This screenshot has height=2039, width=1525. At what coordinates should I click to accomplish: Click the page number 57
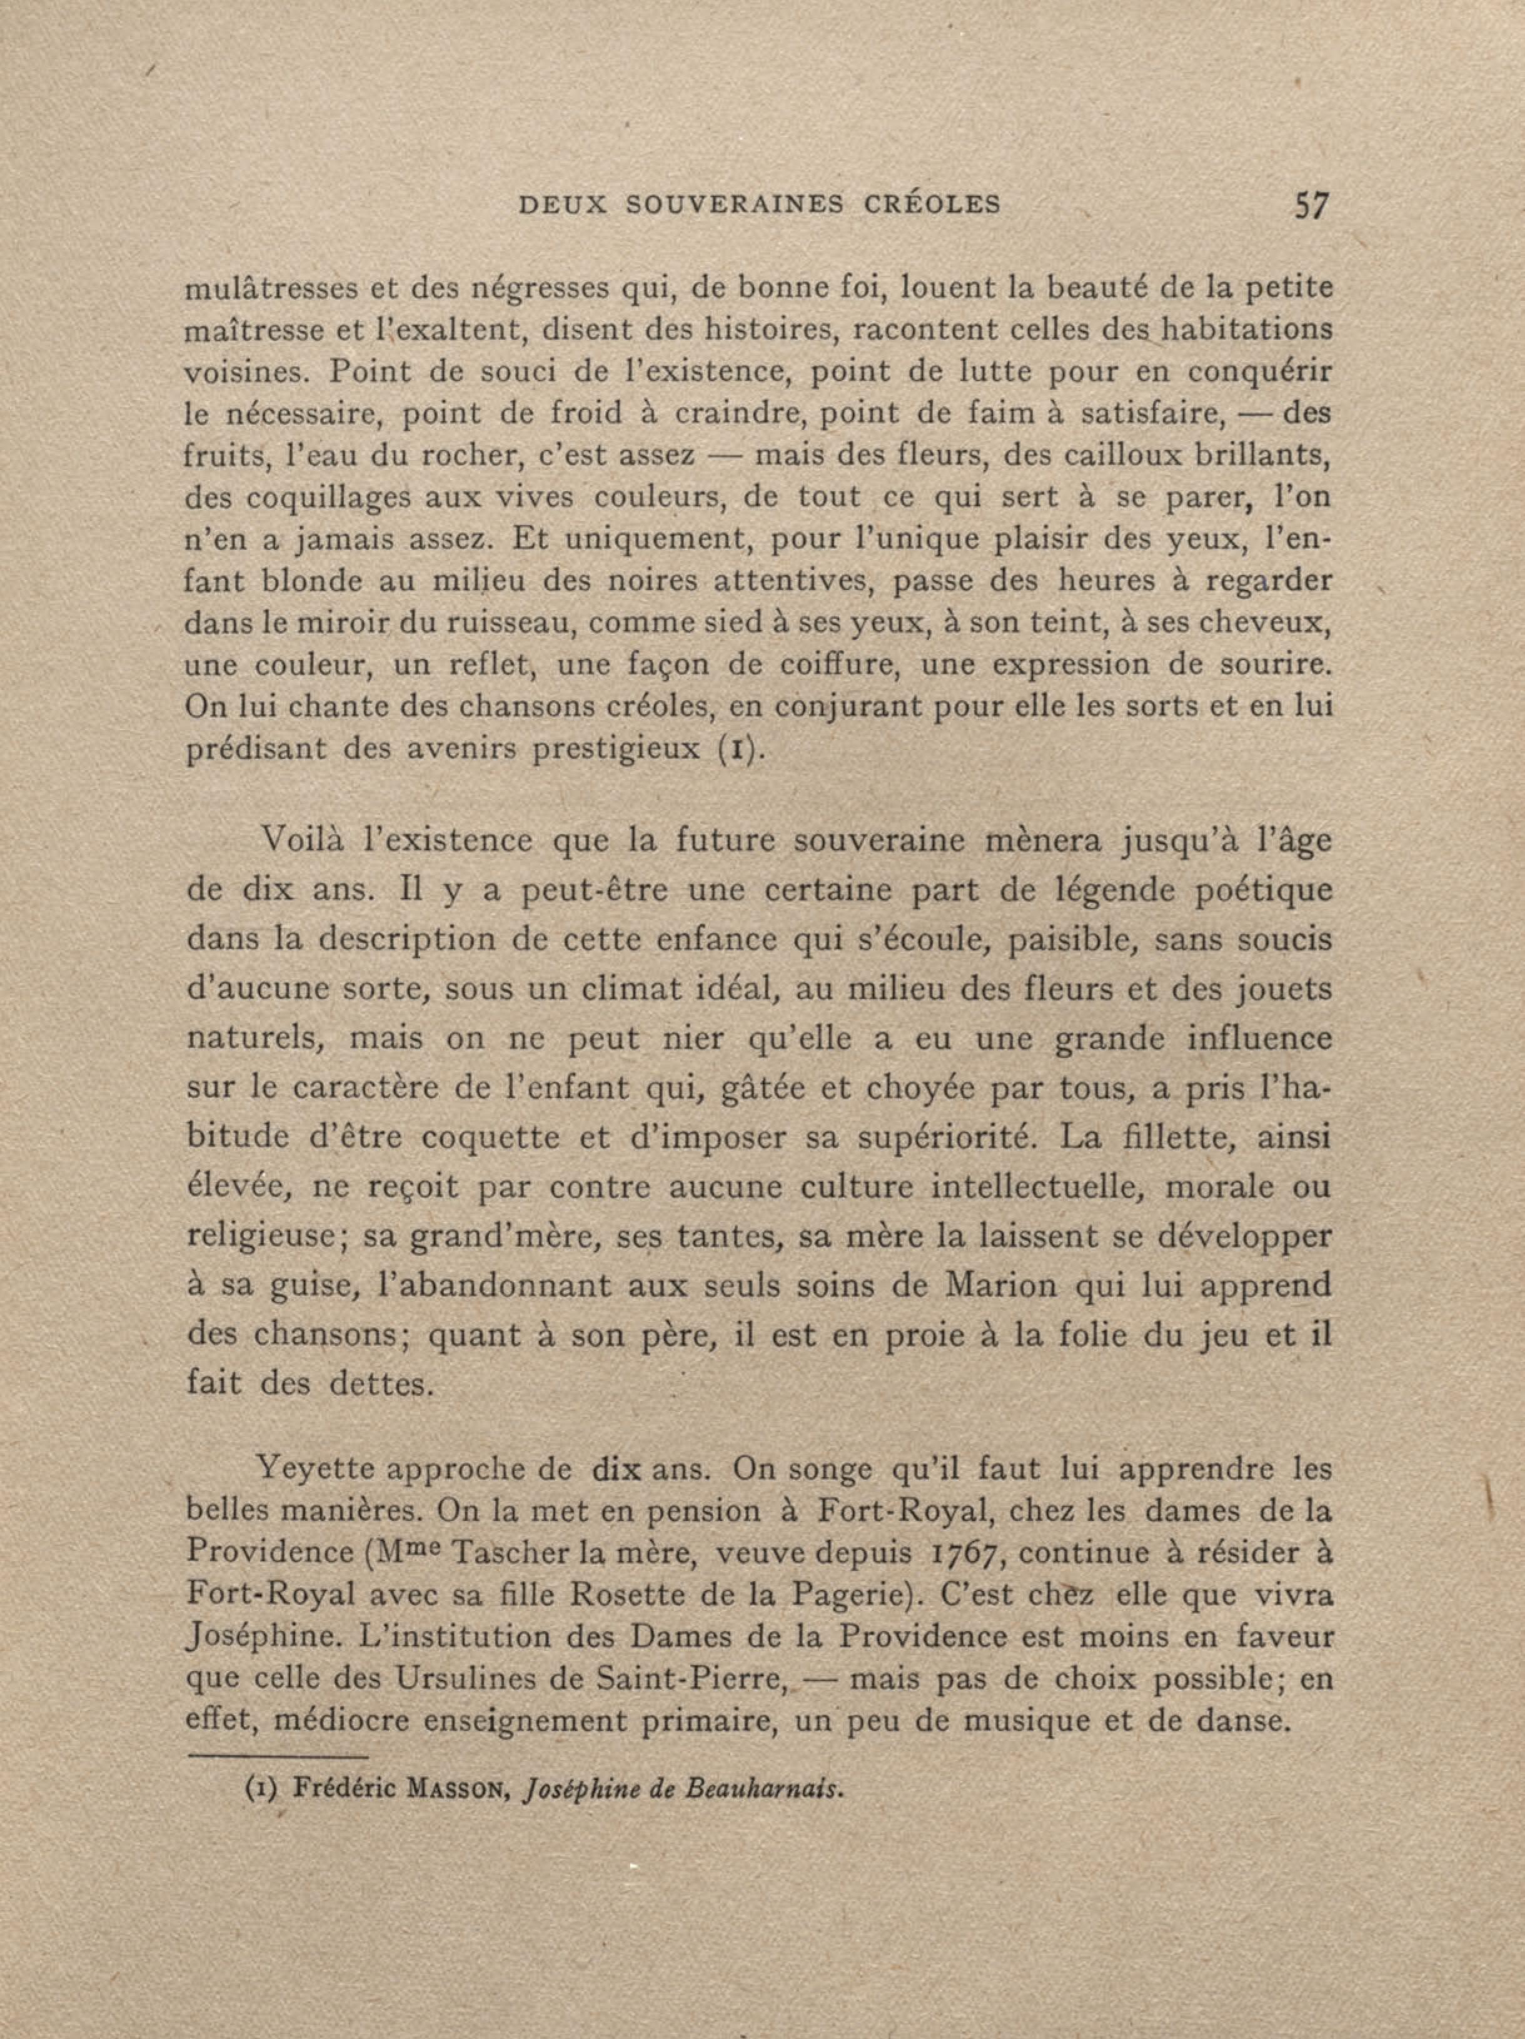coord(1311,205)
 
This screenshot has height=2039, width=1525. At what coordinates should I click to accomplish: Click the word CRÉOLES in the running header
coord(932,205)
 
